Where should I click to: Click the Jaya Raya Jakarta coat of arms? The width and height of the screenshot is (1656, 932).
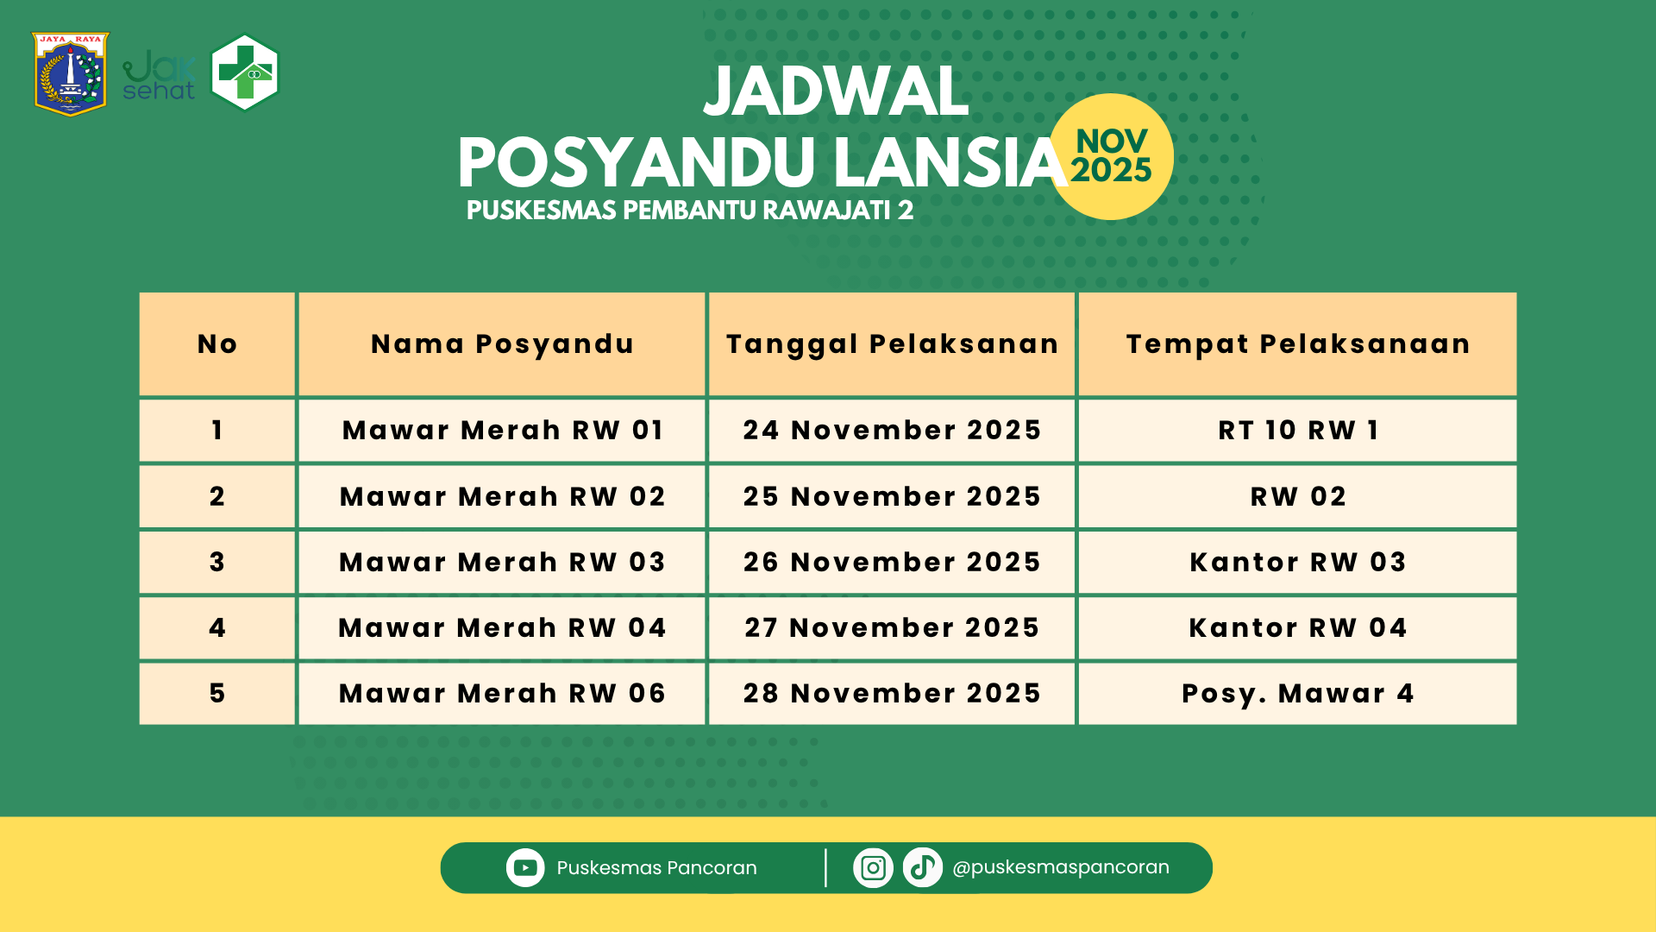click(x=71, y=74)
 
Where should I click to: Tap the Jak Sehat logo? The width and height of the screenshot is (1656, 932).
click(x=160, y=76)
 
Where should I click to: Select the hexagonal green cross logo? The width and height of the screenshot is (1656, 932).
click(x=246, y=72)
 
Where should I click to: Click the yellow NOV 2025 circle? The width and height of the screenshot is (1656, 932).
click(x=1111, y=156)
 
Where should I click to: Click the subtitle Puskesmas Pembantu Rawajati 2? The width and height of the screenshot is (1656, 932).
click(x=689, y=211)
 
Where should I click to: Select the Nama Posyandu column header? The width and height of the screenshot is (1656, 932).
click(x=502, y=344)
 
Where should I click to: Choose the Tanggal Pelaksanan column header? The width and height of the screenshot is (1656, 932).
click(x=892, y=344)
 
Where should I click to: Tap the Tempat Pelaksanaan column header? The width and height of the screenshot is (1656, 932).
click(x=1297, y=344)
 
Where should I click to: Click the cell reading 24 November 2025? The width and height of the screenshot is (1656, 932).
click(x=892, y=430)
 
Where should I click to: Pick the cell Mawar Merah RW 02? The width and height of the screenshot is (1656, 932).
click(x=502, y=496)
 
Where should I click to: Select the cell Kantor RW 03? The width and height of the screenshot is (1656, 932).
click(x=1297, y=562)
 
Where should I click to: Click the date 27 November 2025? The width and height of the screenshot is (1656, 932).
click(x=892, y=627)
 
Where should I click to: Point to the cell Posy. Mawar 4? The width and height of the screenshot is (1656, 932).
click(x=1297, y=693)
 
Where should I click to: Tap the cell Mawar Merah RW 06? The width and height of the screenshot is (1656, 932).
click(x=502, y=693)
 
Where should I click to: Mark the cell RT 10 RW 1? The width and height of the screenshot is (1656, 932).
click(x=1297, y=430)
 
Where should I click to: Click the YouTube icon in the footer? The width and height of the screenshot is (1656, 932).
click(x=525, y=867)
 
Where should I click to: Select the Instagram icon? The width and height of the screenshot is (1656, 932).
click(x=873, y=867)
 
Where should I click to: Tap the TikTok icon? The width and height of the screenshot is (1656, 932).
click(x=922, y=867)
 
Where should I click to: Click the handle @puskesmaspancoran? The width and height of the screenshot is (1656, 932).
click(x=1061, y=867)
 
